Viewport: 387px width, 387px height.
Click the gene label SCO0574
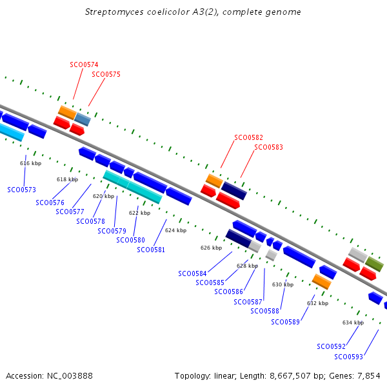click(84, 64)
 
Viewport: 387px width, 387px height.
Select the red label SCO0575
click(106, 74)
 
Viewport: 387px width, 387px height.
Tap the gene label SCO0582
click(248, 137)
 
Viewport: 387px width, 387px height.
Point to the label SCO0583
click(268, 147)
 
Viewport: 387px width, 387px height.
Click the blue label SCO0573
click(21, 190)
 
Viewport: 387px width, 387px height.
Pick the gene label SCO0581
click(151, 250)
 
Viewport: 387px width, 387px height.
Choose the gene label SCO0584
click(192, 273)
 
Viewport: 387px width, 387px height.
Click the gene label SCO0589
click(285, 322)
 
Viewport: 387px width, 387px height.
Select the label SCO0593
click(348, 357)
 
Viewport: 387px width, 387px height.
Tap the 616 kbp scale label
click(31, 163)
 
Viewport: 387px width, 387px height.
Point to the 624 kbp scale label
click(175, 230)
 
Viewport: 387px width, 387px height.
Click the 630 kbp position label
click(283, 284)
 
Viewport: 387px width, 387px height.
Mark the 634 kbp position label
click(353, 322)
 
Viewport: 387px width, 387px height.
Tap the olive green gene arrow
click(375, 263)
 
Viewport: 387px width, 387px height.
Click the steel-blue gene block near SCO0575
click(83, 119)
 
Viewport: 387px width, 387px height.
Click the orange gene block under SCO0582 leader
click(214, 181)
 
